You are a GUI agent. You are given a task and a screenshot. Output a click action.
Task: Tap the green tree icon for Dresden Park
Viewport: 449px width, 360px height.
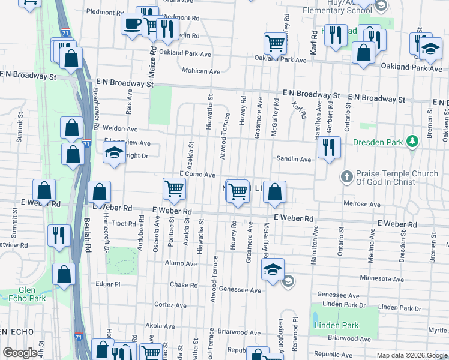(412, 142)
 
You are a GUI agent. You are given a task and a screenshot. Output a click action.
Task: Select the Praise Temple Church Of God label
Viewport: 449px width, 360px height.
(397, 177)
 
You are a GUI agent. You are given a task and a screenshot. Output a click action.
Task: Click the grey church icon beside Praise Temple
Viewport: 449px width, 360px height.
(346, 177)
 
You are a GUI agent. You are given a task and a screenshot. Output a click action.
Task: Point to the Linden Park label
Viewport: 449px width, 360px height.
(336, 325)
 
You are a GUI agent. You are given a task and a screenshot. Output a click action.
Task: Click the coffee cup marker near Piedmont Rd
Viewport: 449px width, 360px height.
(131, 25)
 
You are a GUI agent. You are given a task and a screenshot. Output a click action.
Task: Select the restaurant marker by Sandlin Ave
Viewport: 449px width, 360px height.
(328, 147)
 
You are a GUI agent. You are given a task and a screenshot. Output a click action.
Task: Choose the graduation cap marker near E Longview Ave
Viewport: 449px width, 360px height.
(113, 154)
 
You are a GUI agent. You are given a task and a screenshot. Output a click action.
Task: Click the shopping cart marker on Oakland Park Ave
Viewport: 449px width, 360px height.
(275, 43)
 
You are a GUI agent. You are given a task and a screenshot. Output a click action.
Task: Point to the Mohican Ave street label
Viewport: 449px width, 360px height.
(201, 71)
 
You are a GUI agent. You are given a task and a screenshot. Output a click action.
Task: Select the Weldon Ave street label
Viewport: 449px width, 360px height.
(120, 128)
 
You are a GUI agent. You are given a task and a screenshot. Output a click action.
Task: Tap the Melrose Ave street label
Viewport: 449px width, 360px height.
(362, 204)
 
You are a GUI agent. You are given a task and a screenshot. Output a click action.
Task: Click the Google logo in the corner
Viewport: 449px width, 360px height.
(20, 353)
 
